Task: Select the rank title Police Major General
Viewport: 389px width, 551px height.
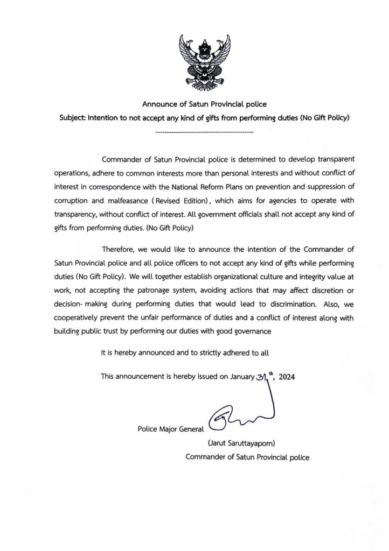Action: click(171, 429)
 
